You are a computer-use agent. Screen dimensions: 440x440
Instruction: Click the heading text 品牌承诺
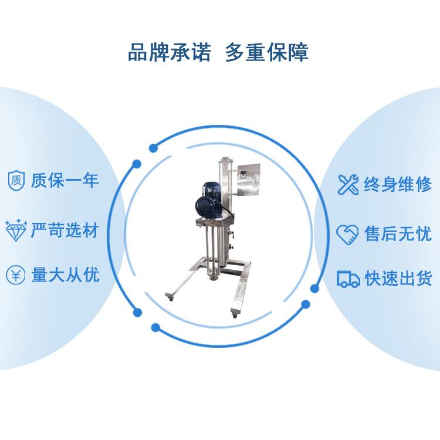[170, 52]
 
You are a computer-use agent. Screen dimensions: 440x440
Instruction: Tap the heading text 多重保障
[267, 52]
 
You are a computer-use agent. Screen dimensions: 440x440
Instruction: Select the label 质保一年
[65, 181]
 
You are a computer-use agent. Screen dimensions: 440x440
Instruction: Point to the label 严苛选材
[65, 230]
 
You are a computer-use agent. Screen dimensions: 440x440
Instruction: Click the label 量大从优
[66, 275]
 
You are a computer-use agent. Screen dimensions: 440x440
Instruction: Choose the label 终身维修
[398, 184]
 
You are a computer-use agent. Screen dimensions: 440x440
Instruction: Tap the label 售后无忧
[398, 233]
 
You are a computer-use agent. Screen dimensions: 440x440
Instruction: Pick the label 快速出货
[398, 278]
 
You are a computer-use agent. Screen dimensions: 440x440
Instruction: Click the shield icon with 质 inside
[16, 180]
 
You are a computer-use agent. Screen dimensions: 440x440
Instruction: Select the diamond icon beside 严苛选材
[16, 231]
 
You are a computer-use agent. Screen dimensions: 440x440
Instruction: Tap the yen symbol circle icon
[16, 275]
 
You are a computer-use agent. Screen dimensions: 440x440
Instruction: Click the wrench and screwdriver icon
[348, 184]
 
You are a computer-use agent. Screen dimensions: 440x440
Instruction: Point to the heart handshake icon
[347, 234]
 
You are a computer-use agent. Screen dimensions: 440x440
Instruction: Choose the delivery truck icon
[348, 279]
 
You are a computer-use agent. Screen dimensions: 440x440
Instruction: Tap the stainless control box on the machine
[248, 181]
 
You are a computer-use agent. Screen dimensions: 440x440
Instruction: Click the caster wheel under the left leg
[171, 299]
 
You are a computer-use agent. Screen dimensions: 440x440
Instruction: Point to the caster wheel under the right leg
[235, 316]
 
